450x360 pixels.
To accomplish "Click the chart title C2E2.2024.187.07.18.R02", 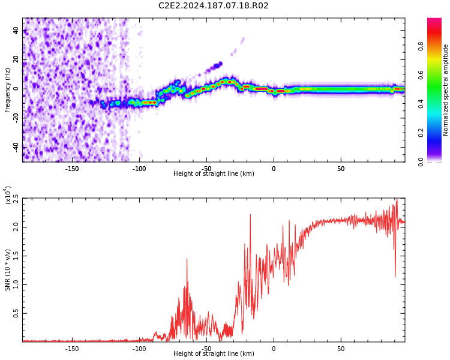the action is click(213, 5).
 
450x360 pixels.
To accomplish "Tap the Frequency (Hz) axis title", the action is click(7, 90).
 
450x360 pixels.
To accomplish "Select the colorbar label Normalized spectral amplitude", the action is click(445, 90).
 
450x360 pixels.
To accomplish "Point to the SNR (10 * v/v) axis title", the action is click(7, 270).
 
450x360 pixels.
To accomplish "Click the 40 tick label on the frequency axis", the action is click(16, 30).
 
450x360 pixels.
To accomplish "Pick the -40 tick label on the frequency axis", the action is click(16, 147).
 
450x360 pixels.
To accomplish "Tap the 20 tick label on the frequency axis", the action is click(16, 59).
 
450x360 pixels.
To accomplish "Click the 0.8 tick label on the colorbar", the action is click(421, 46).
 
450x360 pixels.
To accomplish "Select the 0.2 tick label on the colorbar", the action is click(421, 133).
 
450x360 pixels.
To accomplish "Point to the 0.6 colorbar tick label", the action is click(421, 75).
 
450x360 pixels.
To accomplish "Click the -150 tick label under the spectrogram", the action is click(72, 169).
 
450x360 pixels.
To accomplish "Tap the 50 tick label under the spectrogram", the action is click(341, 169).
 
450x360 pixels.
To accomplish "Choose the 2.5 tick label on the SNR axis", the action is click(16, 199).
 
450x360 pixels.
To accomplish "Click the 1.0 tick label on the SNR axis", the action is click(16, 285).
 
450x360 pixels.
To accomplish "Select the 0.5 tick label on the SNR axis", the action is click(16, 313).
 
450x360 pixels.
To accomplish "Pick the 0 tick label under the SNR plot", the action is click(274, 349).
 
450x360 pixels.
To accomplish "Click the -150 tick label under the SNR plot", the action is click(72, 349).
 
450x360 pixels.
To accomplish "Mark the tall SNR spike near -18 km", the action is click(250, 215).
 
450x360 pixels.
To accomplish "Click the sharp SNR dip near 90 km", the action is click(395, 277).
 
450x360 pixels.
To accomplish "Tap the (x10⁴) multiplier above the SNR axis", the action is click(8, 195).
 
